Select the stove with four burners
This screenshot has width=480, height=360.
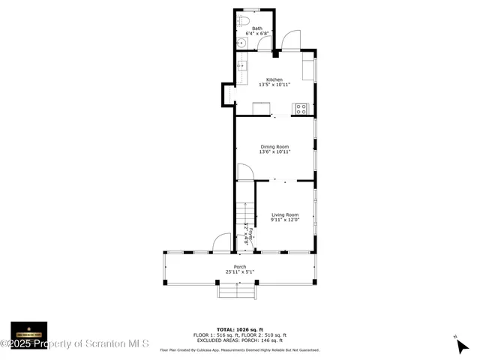pos(301,108)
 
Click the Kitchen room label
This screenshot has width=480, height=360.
pos(274,79)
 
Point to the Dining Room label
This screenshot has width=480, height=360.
pos(274,146)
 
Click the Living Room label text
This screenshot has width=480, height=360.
pos(285,214)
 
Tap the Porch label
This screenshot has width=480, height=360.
pos(240,267)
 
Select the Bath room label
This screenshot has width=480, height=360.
pos(257,28)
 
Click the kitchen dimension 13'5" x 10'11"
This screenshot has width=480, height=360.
pos(274,85)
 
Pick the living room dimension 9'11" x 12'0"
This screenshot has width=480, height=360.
pos(285,220)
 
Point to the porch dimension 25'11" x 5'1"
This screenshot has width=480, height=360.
pos(240,272)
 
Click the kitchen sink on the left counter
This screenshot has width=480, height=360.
pos(241,66)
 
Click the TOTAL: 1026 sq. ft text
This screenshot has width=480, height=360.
pos(240,329)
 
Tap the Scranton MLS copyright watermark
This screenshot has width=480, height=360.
pos(75,343)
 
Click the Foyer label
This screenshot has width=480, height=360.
pos(247,235)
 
